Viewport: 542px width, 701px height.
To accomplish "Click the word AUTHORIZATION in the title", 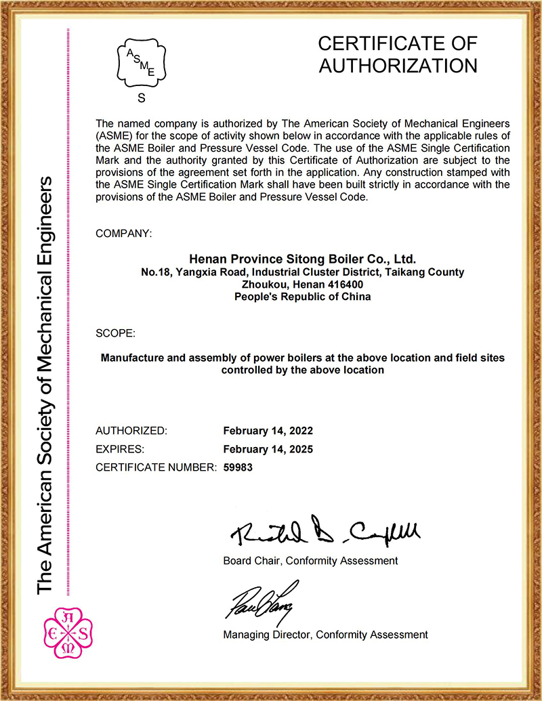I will click(398, 66).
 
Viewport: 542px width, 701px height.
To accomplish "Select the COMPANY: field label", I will click(124, 234).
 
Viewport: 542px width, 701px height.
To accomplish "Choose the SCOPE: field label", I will click(116, 333).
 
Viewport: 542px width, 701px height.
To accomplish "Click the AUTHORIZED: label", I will click(131, 431).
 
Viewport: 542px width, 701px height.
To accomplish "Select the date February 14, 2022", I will click(268, 431).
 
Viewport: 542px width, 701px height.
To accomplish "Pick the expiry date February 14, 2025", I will click(268, 449).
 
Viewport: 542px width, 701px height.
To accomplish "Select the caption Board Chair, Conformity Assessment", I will click(310, 561).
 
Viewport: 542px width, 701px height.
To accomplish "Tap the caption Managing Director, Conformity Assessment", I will click(325, 635).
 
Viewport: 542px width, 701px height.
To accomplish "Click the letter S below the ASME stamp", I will click(142, 98).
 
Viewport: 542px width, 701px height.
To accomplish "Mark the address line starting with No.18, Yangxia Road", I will click(302, 272).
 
